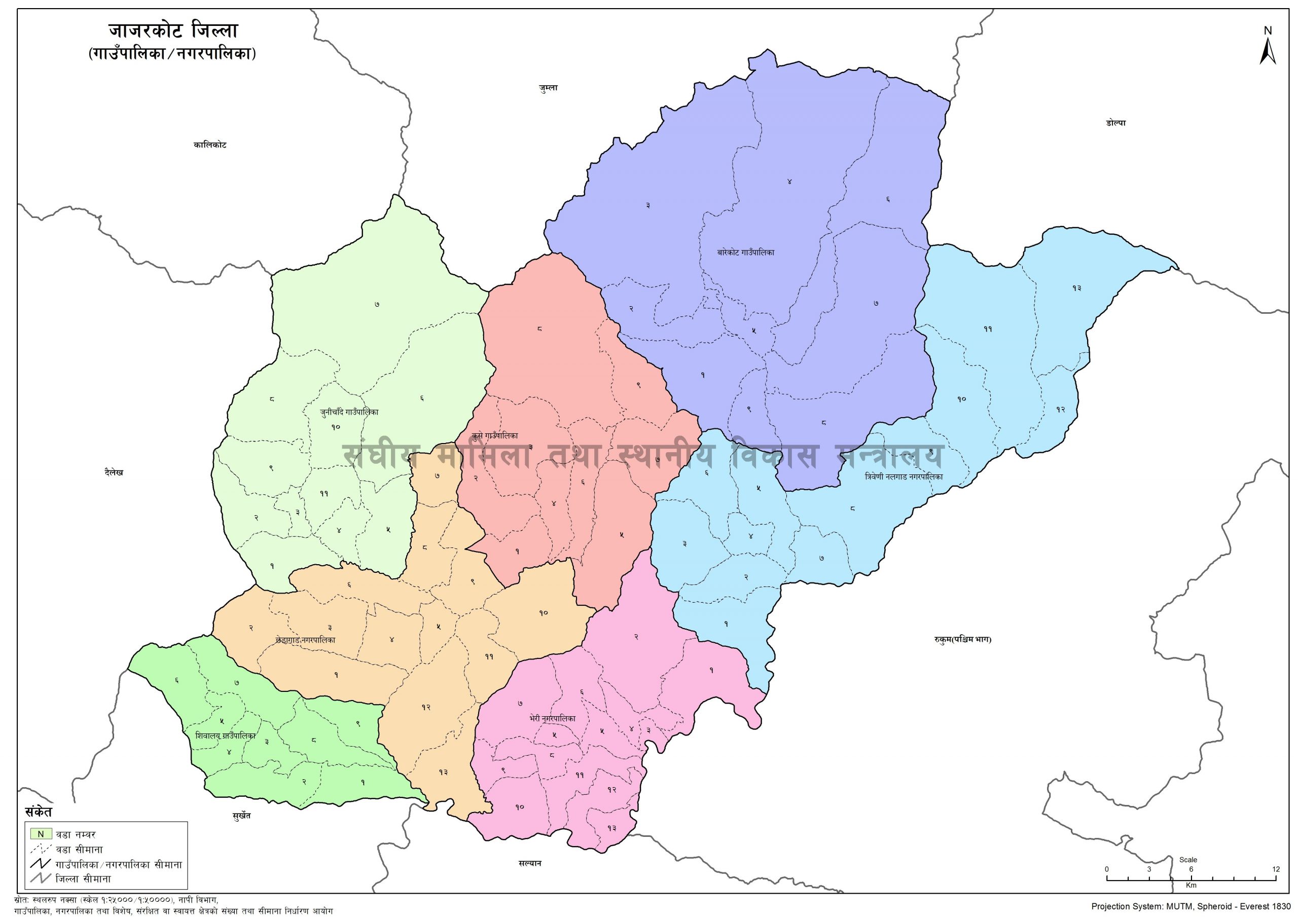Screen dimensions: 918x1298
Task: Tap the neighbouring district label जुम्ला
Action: (549, 88)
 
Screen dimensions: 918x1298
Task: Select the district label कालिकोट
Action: (210, 144)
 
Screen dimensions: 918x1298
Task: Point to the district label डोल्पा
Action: (1116, 123)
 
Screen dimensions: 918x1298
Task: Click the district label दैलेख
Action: (113, 473)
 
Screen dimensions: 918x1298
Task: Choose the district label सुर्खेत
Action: (241, 816)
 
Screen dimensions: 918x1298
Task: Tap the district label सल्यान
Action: (530, 879)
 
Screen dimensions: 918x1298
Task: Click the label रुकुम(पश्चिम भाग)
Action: (963, 640)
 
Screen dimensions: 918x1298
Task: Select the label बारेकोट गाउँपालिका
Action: (745, 252)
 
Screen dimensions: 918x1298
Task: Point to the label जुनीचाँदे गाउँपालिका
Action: (349, 412)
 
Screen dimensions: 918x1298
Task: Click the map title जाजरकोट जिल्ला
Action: (173, 31)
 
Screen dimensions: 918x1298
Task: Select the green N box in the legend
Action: (41, 834)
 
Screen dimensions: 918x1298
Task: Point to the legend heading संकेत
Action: (38, 812)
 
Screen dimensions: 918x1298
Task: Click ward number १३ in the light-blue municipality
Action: (1076, 288)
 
